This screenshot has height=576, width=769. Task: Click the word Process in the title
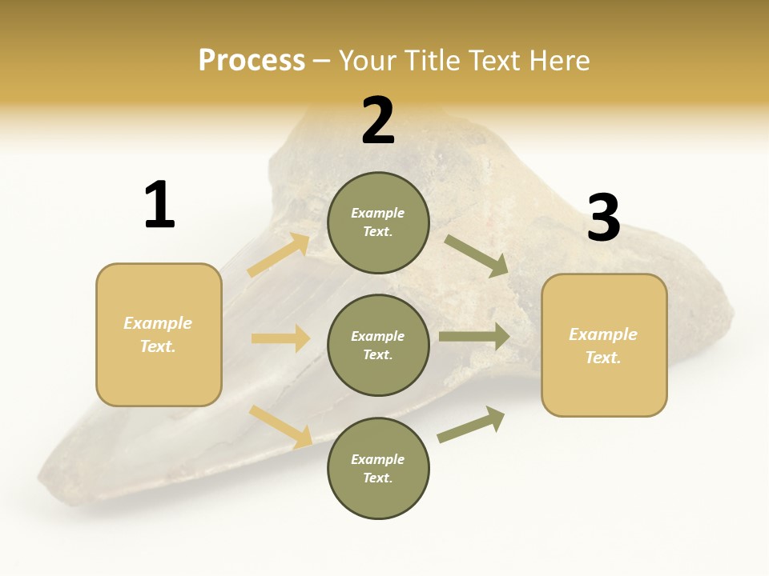[252, 60]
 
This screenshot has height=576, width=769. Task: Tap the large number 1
[159, 205]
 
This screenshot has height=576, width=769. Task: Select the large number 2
[378, 121]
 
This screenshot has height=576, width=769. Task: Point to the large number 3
[603, 218]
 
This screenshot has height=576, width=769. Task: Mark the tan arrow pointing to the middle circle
[280, 338]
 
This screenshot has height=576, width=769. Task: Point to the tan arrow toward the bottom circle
[281, 426]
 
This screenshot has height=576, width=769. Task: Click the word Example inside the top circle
[377, 213]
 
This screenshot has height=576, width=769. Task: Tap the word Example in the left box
[158, 323]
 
